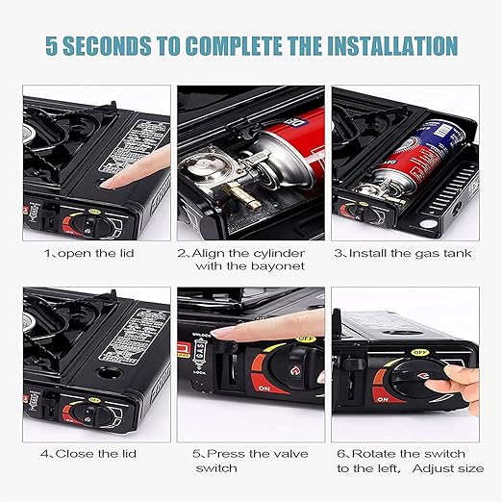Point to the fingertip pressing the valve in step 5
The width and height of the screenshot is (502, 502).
[x=223, y=332]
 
